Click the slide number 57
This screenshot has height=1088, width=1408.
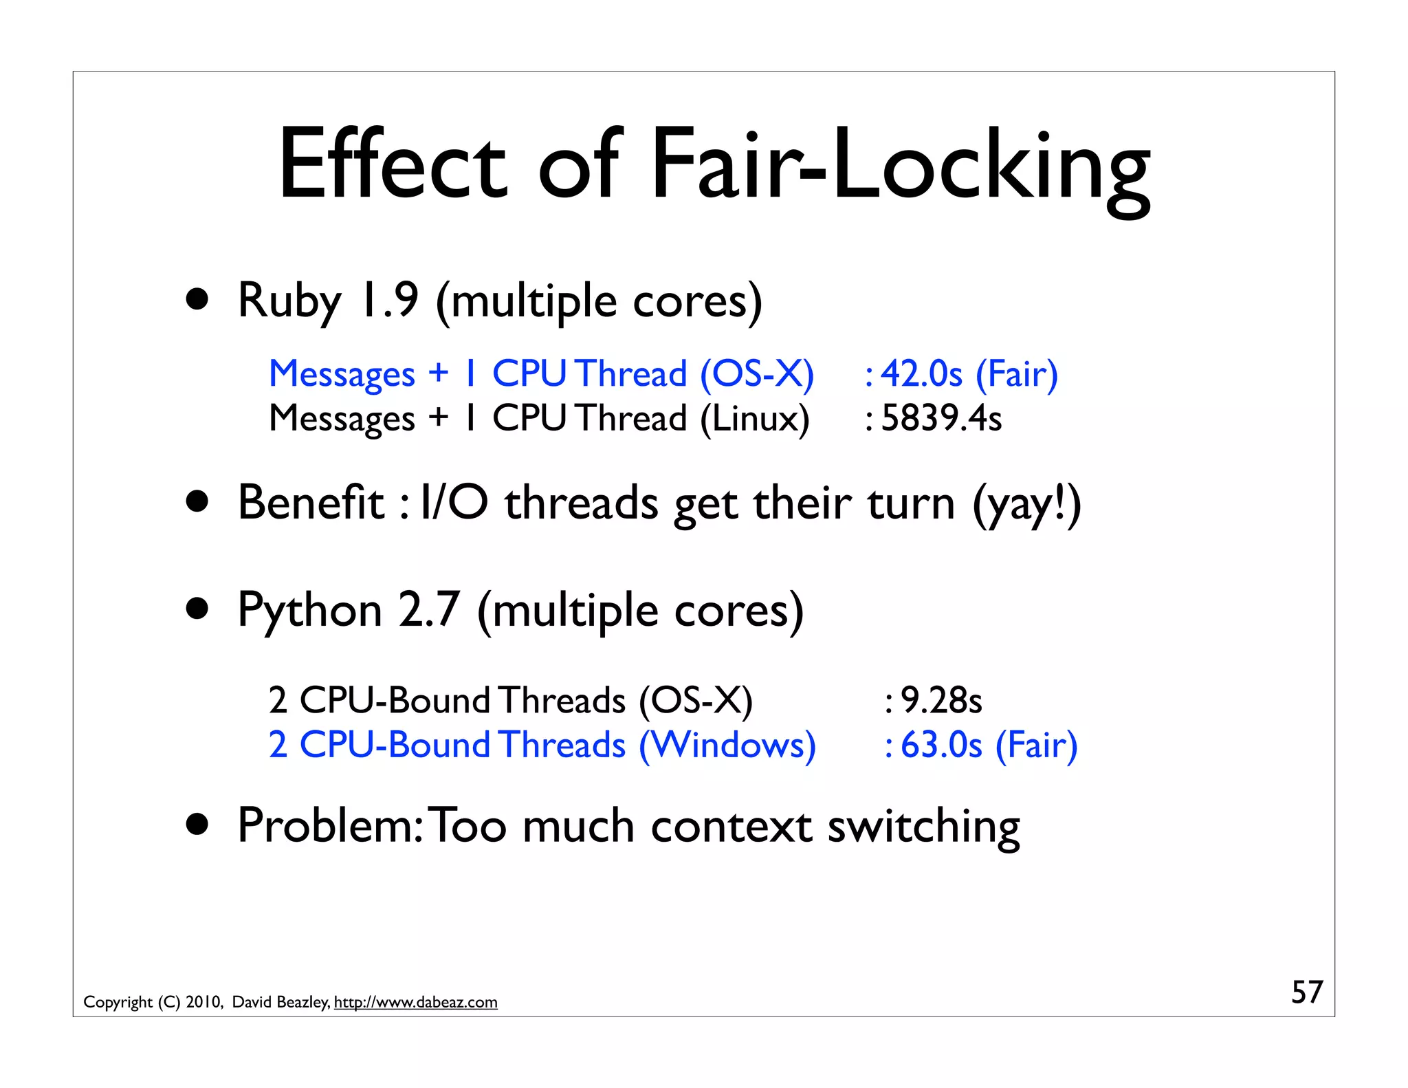coord(1306,992)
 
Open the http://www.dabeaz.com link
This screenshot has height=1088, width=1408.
coord(415,1002)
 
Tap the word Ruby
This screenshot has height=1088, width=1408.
coord(289,301)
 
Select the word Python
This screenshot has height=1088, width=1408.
coord(309,611)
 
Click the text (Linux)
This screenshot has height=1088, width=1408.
coord(754,418)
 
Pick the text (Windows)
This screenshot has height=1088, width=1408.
coord(727,745)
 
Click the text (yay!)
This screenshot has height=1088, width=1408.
coord(1026,503)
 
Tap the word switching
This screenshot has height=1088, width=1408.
coord(923,826)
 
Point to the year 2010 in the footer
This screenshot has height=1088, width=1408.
coord(203,1002)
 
